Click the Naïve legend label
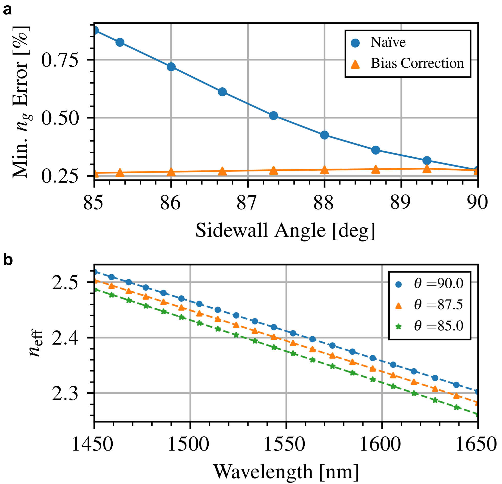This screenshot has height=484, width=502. click(388, 42)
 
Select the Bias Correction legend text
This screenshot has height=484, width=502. click(417, 63)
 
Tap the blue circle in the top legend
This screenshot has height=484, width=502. click(355, 43)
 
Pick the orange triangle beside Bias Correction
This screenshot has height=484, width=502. click(355, 64)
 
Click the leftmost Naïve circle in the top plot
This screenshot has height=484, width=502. click(95, 30)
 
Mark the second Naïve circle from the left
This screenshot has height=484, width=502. click(120, 42)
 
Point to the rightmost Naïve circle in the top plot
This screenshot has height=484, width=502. click(477, 169)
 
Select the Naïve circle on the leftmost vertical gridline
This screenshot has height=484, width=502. click(171, 67)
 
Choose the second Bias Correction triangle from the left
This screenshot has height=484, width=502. click(120, 173)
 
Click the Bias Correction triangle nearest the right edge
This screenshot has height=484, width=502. click(476, 172)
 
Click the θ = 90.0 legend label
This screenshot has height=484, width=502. click(439, 284)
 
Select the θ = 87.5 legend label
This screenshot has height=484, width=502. click(439, 305)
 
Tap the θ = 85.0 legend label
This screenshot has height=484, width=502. click(439, 326)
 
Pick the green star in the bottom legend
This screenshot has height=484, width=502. click(399, 327)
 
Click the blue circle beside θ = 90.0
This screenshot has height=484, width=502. click(399, 284)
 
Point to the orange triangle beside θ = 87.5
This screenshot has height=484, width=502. click(399, 306)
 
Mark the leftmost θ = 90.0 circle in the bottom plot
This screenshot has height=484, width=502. click(95, 272)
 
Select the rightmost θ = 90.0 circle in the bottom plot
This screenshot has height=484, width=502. click(477, 391)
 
